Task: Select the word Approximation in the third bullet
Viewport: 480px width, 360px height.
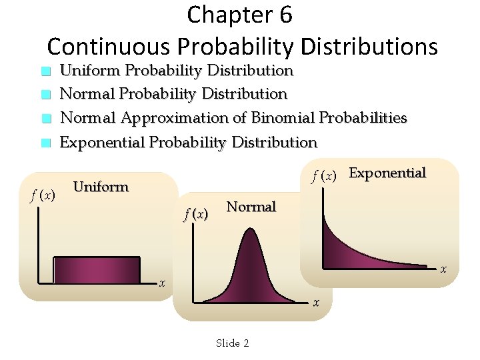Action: (175, 118)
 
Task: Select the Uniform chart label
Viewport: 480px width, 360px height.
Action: (101, 187)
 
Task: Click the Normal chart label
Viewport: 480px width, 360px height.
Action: (251, 207)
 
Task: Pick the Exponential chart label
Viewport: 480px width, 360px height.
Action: (387, 173)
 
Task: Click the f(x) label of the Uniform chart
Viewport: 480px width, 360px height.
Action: (43, 196)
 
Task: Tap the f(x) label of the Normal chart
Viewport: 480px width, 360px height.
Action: (196, 215)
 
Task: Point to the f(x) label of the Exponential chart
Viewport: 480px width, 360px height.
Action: (327, 176)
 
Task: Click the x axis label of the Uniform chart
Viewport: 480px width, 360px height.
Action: (161, 283)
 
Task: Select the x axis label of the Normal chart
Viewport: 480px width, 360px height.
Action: (316, 303)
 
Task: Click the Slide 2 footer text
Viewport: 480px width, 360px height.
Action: (232, 343)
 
